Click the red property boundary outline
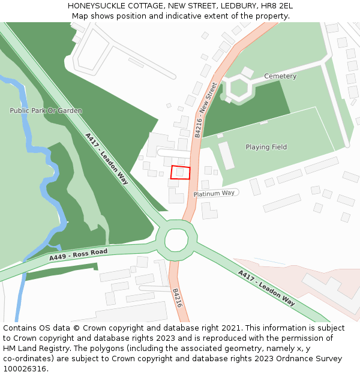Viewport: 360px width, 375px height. tap(180, 172)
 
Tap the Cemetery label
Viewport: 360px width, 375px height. tap(280, 76)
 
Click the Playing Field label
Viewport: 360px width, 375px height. tap(266, 147)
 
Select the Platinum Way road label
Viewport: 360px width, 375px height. tap(214, 193)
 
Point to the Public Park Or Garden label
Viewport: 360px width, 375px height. tap(46, 110)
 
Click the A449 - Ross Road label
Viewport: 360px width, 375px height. tap(78, 255)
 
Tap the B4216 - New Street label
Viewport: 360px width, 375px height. tap(206, 110)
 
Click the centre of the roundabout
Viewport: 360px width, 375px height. tap(176, 240)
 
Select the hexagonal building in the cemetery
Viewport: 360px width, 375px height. tap(239, 88)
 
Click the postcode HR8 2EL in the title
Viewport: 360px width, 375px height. tap(277, 6)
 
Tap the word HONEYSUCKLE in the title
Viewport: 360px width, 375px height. tap(96, 6)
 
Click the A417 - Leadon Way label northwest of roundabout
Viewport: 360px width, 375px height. tap(107, 158)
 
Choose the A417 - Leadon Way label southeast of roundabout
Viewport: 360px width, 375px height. tap(266, 288)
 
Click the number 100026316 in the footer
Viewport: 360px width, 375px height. tap(25, 368)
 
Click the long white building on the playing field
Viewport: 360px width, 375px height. tap(226, 155)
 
